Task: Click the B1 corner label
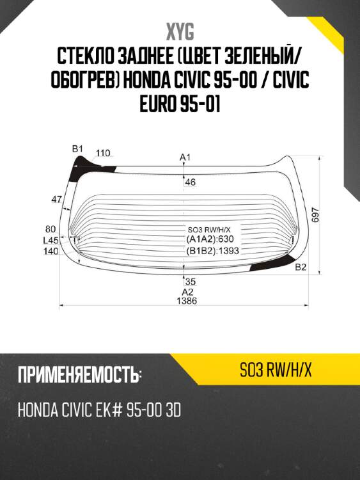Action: pos(77,149)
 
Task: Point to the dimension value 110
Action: pos(103,153)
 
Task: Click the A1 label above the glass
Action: pos(185,157)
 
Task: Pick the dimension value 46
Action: pos(191,182)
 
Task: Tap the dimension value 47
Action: pos(57,200)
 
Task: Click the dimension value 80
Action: pos(51,228)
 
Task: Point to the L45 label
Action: pos(51,240)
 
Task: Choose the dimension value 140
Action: pos(51,252)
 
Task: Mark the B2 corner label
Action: pos(301,268)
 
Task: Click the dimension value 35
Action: pos(190,282)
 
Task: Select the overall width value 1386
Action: pos(187,301)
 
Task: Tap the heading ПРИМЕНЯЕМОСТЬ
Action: pos(80,375)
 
